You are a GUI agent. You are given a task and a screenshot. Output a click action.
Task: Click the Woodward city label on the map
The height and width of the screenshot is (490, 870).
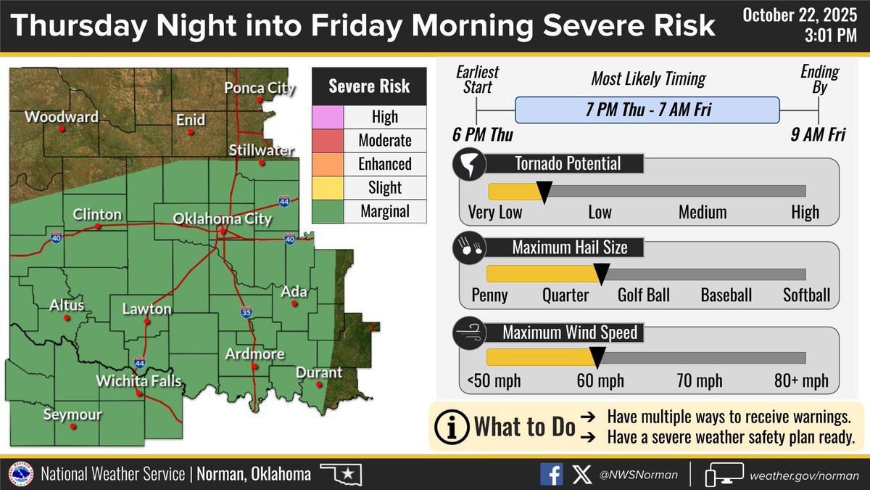62,116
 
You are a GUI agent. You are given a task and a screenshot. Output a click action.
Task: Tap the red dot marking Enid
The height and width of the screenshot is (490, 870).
191,132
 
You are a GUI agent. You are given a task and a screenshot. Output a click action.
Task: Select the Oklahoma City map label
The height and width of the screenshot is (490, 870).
223,219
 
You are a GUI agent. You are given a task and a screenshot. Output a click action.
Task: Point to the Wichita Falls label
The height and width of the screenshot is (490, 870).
140,381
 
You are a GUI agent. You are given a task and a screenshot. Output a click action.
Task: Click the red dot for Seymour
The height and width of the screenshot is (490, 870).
72,427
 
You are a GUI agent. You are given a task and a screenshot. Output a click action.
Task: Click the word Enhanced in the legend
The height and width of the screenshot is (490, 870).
384,164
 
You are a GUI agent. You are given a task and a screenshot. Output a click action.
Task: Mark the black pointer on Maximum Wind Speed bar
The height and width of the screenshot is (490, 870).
597,356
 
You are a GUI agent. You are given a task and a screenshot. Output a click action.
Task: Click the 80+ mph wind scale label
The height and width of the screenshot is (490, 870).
800,381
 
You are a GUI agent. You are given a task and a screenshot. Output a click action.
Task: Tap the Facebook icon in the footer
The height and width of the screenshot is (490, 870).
551,474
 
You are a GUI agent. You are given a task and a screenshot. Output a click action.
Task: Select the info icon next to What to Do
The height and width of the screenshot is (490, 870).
452,426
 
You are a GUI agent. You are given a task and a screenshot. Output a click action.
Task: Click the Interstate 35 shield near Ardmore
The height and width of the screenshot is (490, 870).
246,313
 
